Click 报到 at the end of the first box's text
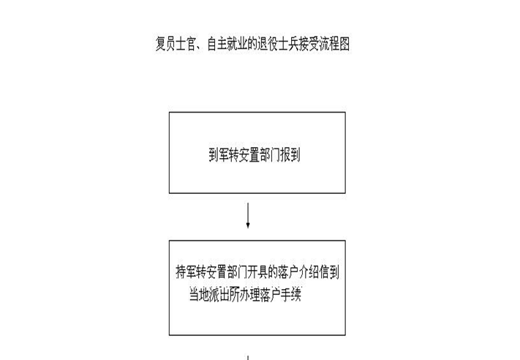(290, 154)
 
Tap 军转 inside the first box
(229, 154)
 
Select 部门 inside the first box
(270, 154)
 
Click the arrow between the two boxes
(248, 216)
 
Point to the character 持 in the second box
(181, 272)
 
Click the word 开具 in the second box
(257, 272)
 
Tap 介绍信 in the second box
(314, 272)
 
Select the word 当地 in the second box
(199, 295)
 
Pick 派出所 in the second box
(225, 295)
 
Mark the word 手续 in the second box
(291, 295)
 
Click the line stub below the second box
(248, 358)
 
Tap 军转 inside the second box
(196, 272)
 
